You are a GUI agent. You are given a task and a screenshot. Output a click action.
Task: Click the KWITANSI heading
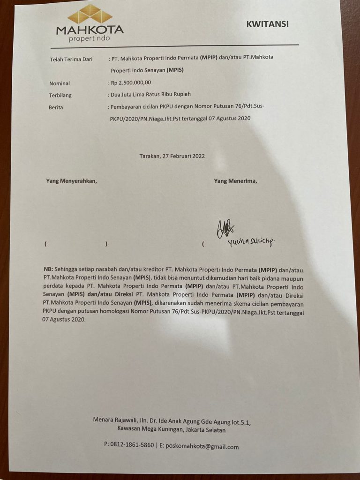(267, 24)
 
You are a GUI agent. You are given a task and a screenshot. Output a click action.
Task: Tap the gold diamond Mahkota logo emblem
(90, 15)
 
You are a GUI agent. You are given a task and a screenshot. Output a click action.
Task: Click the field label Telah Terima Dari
(71, 60)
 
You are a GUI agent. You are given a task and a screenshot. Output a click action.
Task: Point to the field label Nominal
(60, 83)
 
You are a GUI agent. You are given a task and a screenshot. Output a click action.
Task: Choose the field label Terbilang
(60, 95)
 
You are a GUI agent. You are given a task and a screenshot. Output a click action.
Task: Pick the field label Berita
(56, 107)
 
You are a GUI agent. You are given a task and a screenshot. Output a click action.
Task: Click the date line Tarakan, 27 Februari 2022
(172, 156)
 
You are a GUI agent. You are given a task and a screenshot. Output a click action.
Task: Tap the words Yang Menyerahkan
(71, 180)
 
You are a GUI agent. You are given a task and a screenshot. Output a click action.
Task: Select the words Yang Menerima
(235, 180)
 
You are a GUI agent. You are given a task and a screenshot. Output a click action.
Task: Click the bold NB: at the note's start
(48, 270)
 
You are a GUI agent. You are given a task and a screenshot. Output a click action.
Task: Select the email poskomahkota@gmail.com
(202, 446)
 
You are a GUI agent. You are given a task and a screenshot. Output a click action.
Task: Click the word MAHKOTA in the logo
(90, 30)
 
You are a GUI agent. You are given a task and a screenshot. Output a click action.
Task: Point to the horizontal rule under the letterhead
(174, 45)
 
